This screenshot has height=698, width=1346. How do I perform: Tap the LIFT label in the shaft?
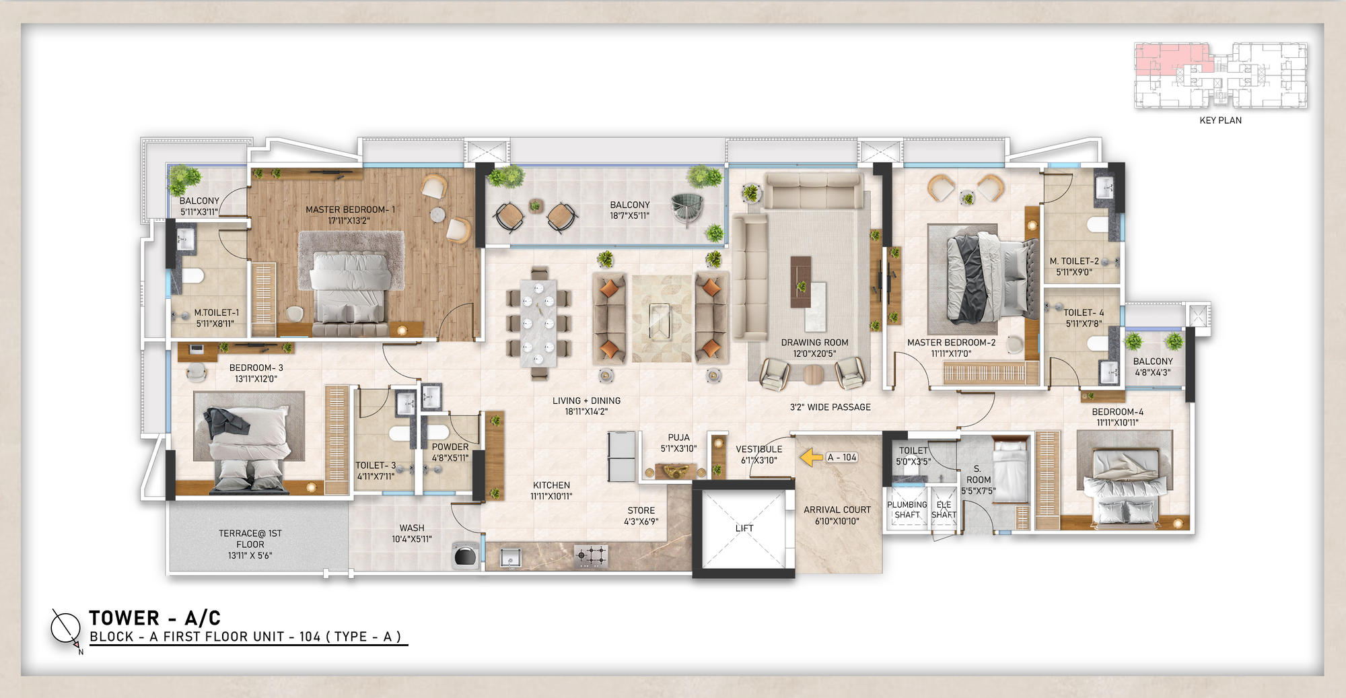[x=744, y=528]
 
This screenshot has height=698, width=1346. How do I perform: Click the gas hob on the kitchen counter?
[x=592, y=556]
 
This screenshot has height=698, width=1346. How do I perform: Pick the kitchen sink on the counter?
[x=509, y=557]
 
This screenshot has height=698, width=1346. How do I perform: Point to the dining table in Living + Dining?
[x=538, y=324]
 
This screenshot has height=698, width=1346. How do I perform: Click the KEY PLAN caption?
[x=1220, y=120]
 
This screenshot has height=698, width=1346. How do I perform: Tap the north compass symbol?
[x=66, y=628]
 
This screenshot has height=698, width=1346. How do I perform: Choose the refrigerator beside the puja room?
[x=622, y=456]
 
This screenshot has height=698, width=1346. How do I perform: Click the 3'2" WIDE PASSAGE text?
[x=830, y=407]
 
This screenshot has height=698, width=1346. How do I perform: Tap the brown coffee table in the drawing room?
[x=800, y=281]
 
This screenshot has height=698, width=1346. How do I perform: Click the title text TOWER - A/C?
[x=155, y=618]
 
